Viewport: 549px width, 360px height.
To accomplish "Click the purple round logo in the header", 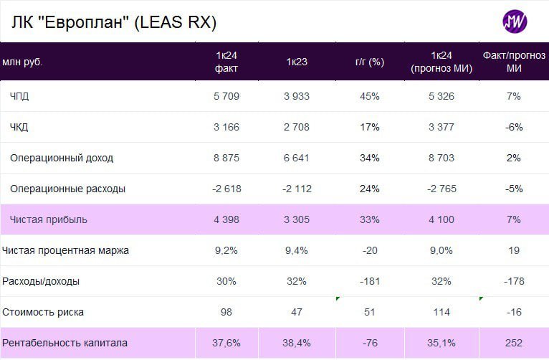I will tap(515, 22).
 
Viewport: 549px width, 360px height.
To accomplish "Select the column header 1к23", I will tap(297, 62).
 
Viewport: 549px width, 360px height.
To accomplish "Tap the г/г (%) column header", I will tap(370, 62).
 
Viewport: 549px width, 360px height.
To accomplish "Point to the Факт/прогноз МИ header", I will tap(513, 62).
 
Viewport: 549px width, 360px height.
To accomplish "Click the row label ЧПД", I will tap(20, 96).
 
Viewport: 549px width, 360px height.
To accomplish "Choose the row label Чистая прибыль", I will tap(49, 219).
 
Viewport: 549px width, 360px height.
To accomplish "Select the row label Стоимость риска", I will tap(43, 312).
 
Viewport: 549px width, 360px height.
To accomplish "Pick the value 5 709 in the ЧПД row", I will tap(226, 96).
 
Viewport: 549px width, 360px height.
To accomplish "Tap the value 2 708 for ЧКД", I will tap(297, 127).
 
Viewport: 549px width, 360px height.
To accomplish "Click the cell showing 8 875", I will tap(226, 158).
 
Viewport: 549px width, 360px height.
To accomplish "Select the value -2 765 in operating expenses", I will tap(441, 189).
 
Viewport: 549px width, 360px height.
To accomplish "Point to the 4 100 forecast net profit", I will tap(441, 219).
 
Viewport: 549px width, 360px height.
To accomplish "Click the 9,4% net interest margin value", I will tap(297, 250).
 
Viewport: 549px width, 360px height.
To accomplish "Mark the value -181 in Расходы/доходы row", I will tap(370, 281).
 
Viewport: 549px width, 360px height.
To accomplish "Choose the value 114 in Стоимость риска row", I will tap(441, 312).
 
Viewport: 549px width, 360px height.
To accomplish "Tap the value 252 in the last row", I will tap(513, 343).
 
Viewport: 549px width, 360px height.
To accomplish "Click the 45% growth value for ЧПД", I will tap(370, 96).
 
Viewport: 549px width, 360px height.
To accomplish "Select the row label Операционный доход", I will tap(62, 158).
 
